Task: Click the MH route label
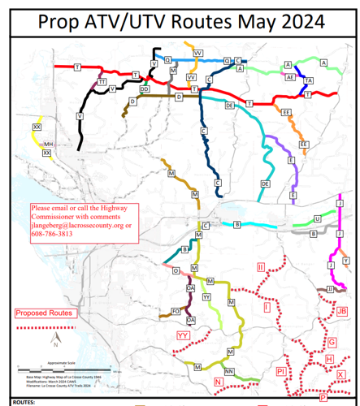(48, 144)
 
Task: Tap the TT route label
(102, 82)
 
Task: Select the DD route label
(145, 89)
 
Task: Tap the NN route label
(229, 371)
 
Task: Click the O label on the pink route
(175, 272)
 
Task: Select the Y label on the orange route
(345, 260)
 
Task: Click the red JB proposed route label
(341, 311)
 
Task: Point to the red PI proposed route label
(280, 370)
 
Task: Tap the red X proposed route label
(340, 374)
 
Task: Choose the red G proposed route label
(331, 343)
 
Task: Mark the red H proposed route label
(328, 359)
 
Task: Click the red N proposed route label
(218, 381)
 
